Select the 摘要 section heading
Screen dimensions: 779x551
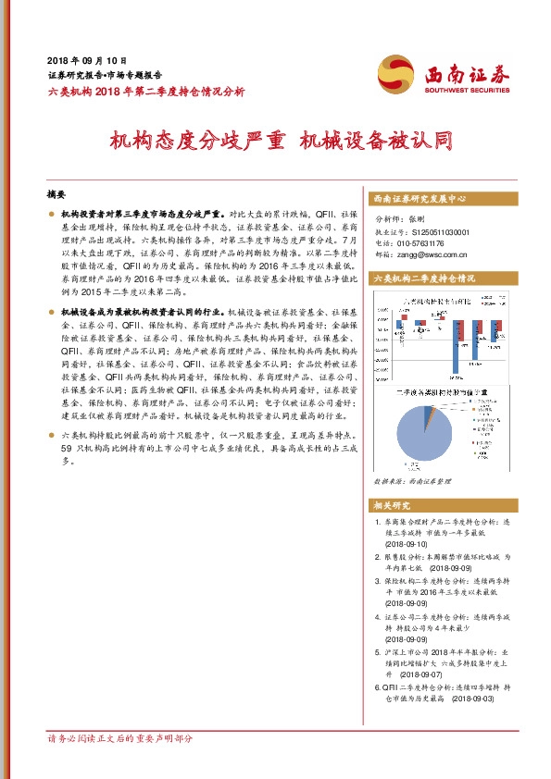click(x=58, y=196)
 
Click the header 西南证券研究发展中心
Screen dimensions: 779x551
click(x=420, y=200)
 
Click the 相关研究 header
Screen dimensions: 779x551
click(x=395, y=507)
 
